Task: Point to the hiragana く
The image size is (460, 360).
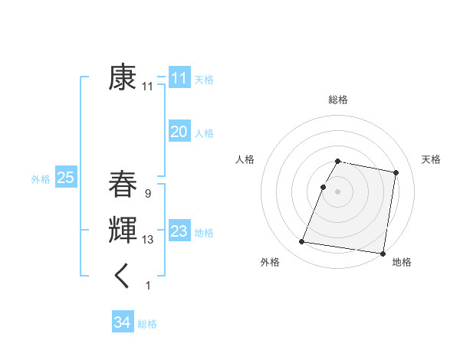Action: pyautogui.click(x=123, y=276)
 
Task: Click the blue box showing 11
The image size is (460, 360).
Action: pyautogui.click(x=179, y=78)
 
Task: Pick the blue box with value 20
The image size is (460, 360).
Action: pyautogui.click(x=179, y=132)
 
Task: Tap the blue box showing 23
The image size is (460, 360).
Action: pyautogui.click(x=179, y=231)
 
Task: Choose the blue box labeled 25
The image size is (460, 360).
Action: pyautogui.click(x=65, y=178)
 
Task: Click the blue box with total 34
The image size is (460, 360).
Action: pyautogui.click(x=122, y=322)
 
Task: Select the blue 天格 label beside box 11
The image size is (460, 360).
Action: pyautogui.click(x=204, y=80)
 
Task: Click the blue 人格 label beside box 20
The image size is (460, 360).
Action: pyautogui.click(x=204, y=133)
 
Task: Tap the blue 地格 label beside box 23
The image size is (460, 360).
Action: pyautogui.click(x=204, y=233)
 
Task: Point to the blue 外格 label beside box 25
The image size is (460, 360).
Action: pyautogui.click(x=41, y=179)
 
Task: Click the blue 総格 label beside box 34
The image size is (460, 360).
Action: pyautogui.click(x=147, y=324)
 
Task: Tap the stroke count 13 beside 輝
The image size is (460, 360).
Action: pyautogui.click(x=148, y=240)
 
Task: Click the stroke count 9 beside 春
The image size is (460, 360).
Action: pyautogui.click(x=147, y=194)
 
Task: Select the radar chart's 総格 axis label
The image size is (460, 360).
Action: pyautogui.click(x=338, y=100)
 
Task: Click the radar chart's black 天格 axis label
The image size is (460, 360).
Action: pyautogui.click(x=431, y=159)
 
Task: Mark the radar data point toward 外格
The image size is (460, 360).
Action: pyautogui.click(x=302, y=242)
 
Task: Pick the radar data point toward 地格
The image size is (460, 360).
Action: pyautogui.click(x=382, y=253)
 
